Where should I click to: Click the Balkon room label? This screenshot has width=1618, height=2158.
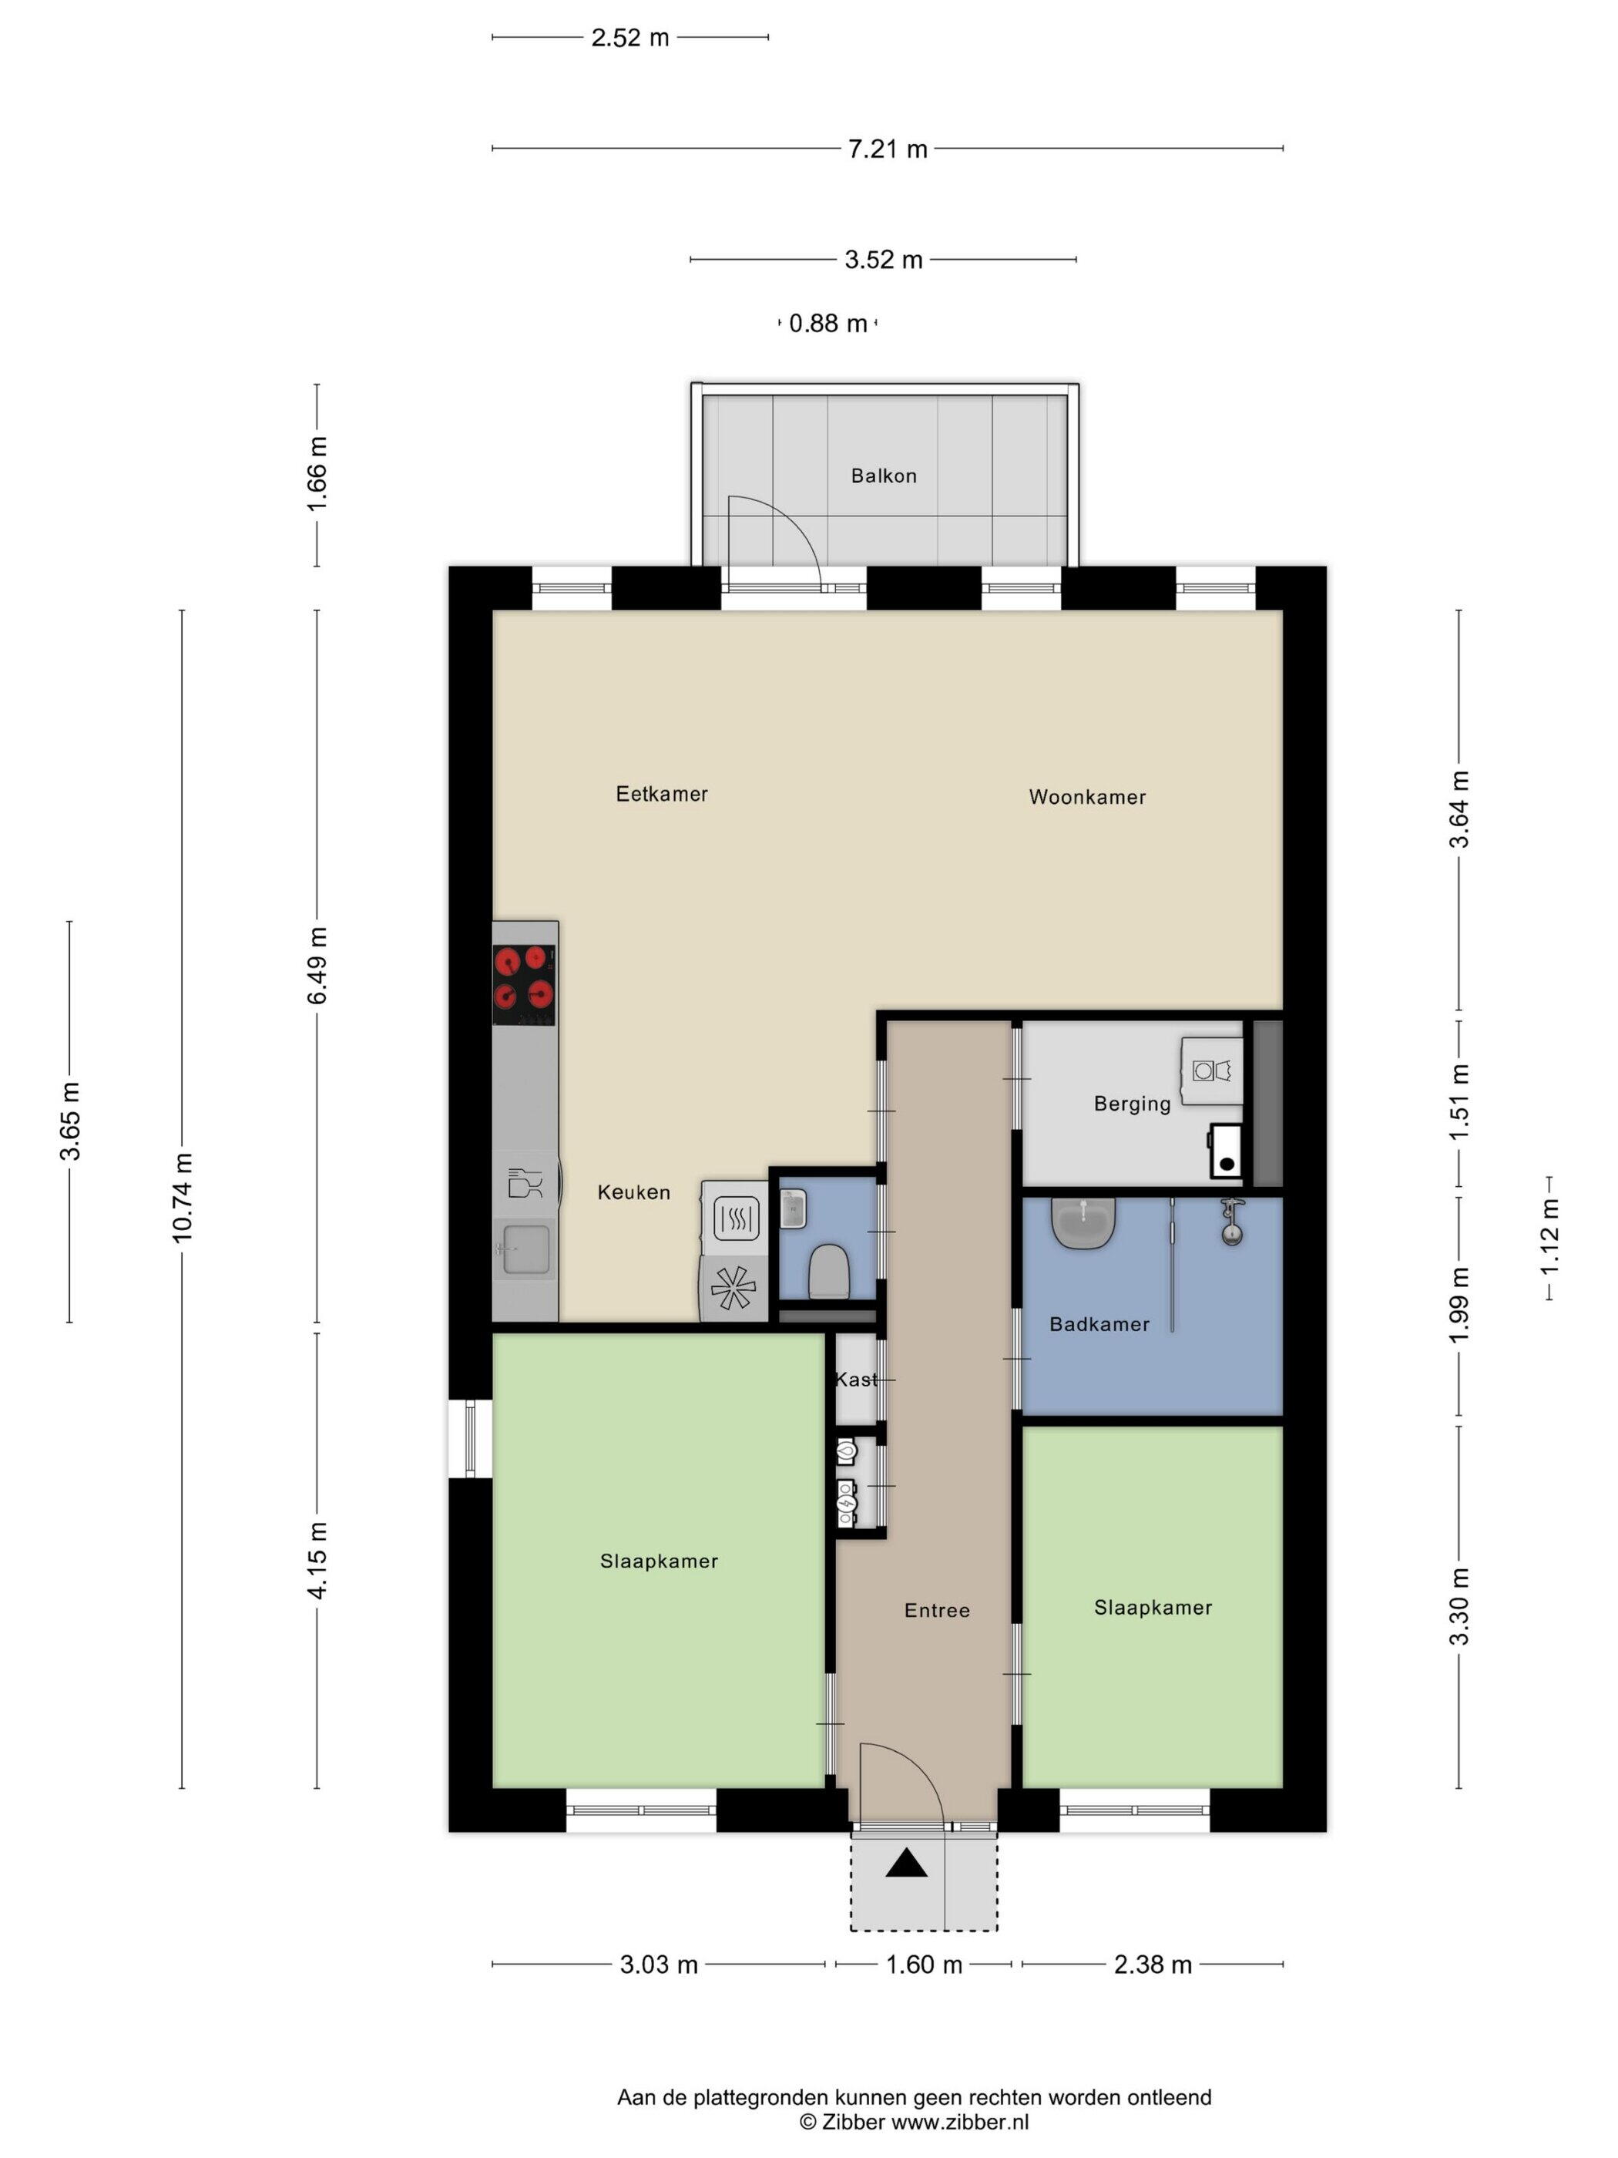[x=884, y=476]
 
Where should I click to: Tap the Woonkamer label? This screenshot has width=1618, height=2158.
[x=1087, y=797]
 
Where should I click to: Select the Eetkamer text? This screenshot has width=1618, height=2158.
[x=661, y=794]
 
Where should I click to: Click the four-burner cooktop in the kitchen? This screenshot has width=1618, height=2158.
[x=525, y=985]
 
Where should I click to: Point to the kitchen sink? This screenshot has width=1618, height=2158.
[x=525, y=1250]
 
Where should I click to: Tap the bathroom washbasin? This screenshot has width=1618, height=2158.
[x=1083, y=1223]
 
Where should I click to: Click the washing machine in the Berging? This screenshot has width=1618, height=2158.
[x=1212, y=1071]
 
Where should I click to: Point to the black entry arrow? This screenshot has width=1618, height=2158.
[x=907, y=1864]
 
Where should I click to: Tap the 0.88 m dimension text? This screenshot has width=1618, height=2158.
[x=828, y=323]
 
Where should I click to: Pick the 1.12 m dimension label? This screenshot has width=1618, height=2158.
[x=1549, y=1235]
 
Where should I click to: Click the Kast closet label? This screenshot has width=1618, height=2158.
[x=856, y=1380]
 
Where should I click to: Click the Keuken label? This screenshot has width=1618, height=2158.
[x=634, y=1192]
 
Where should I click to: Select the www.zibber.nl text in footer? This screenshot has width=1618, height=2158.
[x=960, y=2121]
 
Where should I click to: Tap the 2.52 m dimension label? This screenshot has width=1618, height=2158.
[x=630, y=38]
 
